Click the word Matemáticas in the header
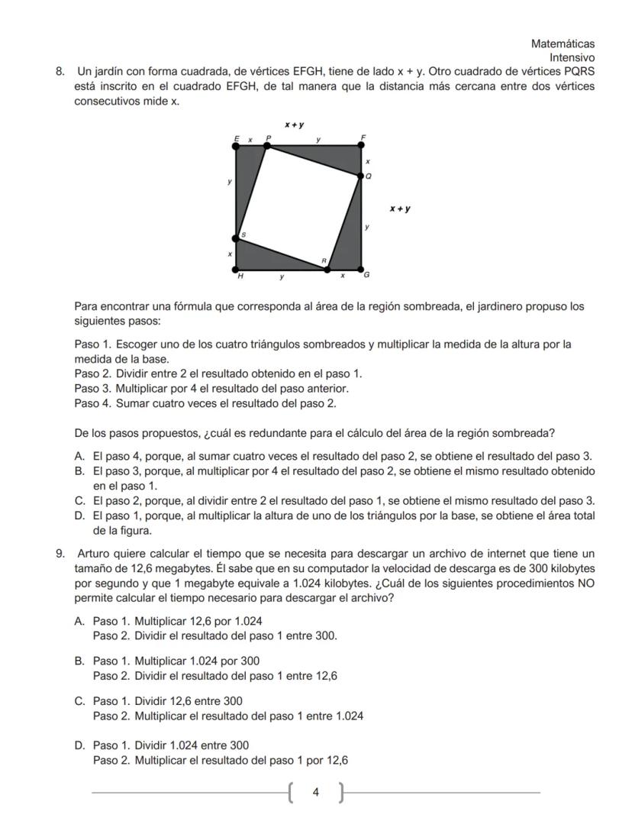coord(563,44)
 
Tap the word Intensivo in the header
coord(572,57)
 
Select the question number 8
coord(59,71)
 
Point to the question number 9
coord(59,553)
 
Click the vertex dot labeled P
coord(267,145)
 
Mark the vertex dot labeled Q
coord(361,176)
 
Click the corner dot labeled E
coord(236,145)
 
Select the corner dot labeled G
coord(361,270)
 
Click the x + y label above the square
coord(295,124)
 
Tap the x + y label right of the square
coord(400,208)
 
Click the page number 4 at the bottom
coord(316,793)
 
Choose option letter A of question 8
coord(79,456)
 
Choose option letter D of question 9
coord(79,745)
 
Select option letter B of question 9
coord(79,661)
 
